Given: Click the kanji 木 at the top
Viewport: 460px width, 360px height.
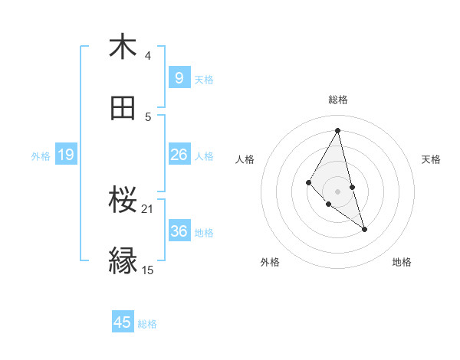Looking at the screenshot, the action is click(123, 47).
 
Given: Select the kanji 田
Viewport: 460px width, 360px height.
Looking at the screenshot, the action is click(123, 109).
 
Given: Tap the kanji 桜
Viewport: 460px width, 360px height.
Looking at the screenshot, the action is click(123, 201).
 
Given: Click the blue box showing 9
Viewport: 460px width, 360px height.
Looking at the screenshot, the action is click(179, 77).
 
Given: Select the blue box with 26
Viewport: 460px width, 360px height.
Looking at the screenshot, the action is click(179, 155).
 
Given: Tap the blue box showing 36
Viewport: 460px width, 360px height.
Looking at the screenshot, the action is click(179, 231).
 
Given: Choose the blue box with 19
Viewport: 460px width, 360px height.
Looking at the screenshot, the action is click(65, 155).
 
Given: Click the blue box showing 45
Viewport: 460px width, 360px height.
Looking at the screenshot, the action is click(123, 322).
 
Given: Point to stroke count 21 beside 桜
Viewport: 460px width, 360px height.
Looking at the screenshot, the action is click(147, 208).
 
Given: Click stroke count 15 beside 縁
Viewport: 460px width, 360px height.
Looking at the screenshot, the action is click(147, 270).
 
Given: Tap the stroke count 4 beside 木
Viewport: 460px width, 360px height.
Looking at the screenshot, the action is click(148, 55).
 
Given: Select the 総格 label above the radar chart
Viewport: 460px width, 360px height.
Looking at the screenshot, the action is click(338, 100).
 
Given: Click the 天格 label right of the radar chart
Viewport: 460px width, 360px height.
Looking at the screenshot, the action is click(431, 159).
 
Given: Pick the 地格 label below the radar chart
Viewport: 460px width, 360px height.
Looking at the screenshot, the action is click(402, 262).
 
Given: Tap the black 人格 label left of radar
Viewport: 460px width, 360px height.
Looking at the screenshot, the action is click(245, 159).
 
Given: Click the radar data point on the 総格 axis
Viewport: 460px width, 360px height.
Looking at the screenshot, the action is click(338, 130).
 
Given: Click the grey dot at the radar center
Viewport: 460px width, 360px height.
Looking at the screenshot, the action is click(338, 191).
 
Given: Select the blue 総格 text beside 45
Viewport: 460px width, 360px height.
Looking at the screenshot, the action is click(147, 324).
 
